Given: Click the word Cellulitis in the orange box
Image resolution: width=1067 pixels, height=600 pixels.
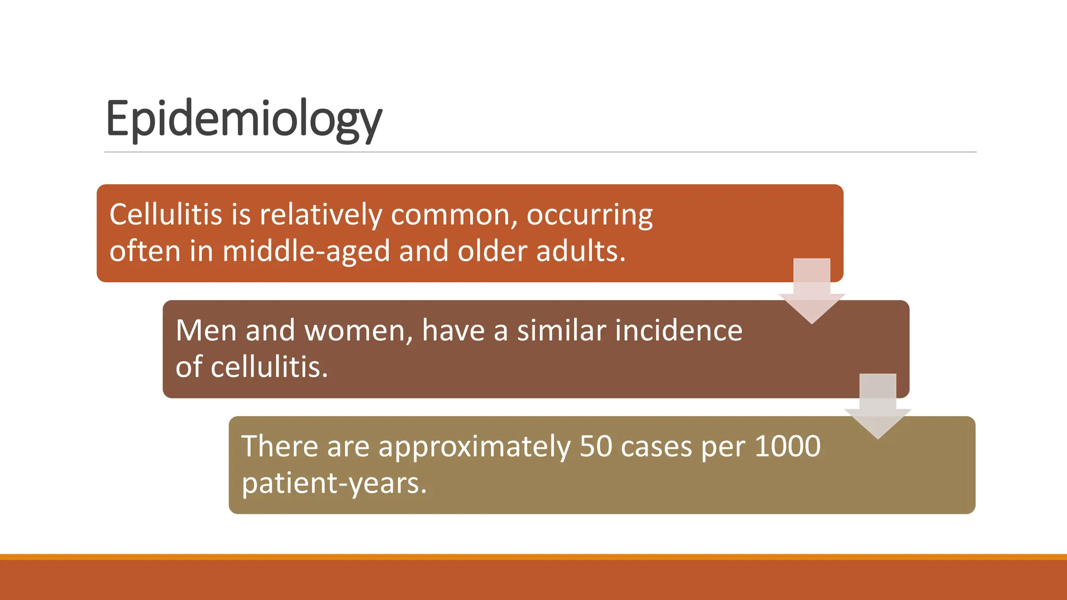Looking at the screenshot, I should (x=166, y=215).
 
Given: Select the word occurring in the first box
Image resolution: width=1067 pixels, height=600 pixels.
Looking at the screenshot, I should (x=589, y=216).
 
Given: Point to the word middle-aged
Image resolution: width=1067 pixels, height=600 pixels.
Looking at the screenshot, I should (x=306, y=252).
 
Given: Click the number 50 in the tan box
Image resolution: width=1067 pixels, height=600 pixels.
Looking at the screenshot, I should (x=595, y=447).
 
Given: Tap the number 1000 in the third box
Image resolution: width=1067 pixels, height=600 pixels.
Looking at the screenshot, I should (x=787, y=446).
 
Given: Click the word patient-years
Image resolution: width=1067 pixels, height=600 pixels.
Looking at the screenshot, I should (x=333, y=484).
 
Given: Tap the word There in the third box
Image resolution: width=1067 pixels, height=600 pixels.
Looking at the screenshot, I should (x=279, y=447).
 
